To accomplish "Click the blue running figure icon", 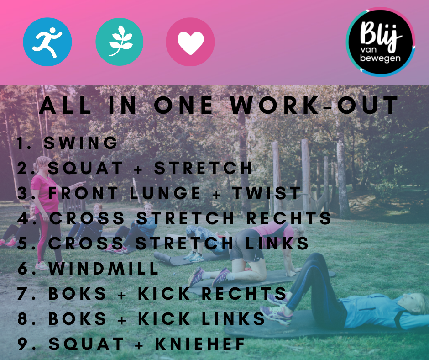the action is [47, 42].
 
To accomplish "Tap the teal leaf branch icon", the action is [119, 42].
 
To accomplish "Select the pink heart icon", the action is [190, 42].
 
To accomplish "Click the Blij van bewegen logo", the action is [381, 42].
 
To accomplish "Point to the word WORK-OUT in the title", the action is [314, 105].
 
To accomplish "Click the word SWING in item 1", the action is [80, 143].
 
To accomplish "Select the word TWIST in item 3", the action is [267, 193].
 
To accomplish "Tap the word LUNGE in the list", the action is [165, 193].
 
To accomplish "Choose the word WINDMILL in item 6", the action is [104, 268].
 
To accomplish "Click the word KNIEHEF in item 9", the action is [200, 344].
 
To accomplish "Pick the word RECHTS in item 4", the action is [288, 218].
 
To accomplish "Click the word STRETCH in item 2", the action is [203, 168].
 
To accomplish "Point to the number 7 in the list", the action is [22, 293].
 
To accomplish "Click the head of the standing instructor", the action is [42, 164].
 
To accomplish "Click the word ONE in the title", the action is [183, 105].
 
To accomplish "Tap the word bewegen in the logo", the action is [380, 58].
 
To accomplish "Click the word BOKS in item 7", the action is [77, 293].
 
